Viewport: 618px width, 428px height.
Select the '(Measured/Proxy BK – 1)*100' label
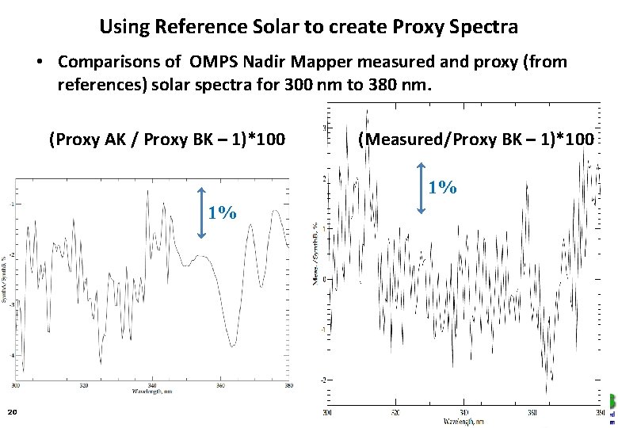475,139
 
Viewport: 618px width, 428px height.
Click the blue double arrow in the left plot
202,212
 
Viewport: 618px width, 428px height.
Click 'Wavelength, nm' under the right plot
464,421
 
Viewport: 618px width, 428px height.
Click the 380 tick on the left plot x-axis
288,385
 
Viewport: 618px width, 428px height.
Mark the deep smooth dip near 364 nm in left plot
231,342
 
